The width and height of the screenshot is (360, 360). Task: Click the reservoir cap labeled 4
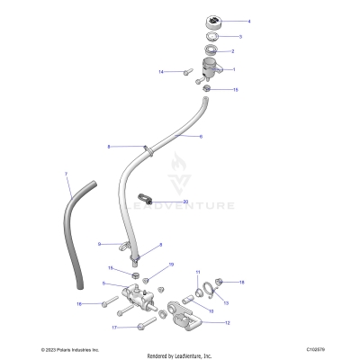tap(212, 21)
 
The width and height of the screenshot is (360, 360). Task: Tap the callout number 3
tap(238, 37)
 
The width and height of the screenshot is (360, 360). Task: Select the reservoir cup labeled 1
tap(214, 69)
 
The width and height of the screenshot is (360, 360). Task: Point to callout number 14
tap(160, 71)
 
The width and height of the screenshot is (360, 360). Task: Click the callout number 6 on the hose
tap(201, 137)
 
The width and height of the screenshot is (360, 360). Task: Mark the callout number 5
tap(105, 283)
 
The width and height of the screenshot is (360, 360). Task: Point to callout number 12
tap(227, 321)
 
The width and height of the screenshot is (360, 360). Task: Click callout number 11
tap(199, 271)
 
